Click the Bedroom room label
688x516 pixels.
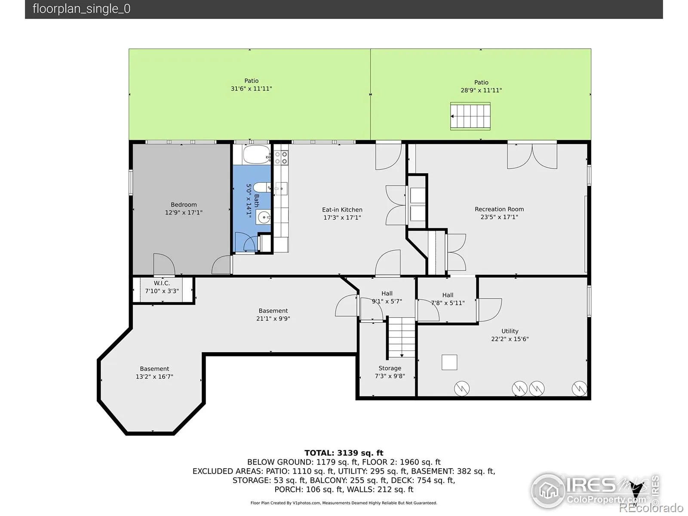point(184,205)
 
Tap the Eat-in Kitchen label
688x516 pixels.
point(342,209)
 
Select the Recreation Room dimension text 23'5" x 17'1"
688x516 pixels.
point(499,217)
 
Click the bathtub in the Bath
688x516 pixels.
point(257,154)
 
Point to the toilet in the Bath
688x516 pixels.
point(262,187)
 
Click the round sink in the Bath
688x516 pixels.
point(264,217)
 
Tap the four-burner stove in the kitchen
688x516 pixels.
point(281,158)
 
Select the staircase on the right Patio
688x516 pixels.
point(470,116)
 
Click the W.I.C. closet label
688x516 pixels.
point(162,283)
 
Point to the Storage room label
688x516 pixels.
point(390,368)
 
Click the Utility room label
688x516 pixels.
point(510,331)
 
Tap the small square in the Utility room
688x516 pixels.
point(449,362)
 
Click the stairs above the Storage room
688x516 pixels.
point(402,337)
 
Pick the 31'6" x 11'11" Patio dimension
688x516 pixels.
point(251,89)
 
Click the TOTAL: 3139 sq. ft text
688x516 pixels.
point(344,453)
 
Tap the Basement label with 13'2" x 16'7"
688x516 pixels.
point(154,369)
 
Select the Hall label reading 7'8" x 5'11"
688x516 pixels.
point(448,295)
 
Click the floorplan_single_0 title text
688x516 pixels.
point(82,9)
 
